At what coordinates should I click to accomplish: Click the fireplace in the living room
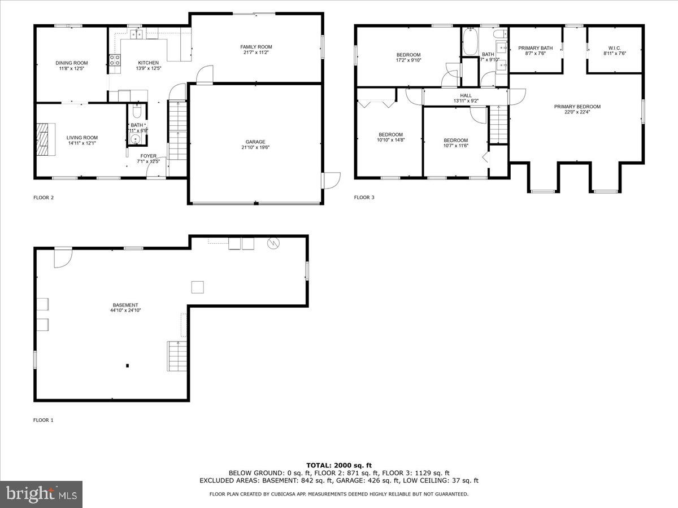44,139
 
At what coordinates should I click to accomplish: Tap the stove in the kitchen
114,60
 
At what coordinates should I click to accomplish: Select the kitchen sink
136,35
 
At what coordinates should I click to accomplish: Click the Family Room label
256,47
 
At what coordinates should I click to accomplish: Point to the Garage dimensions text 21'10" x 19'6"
255,148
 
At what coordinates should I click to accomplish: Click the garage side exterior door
330,179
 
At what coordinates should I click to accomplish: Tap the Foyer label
149,156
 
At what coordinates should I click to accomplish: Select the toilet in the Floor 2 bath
136,111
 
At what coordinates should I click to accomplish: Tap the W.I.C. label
615,48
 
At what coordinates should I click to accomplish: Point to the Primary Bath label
535,48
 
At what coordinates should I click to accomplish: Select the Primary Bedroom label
577,107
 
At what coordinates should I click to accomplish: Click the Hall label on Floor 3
466,95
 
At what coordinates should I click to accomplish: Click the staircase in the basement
177,356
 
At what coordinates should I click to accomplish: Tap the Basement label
125,305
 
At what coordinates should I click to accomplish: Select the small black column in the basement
128,366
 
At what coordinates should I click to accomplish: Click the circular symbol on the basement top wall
273,243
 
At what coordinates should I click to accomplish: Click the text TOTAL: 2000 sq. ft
339,465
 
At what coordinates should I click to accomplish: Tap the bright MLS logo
41,494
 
